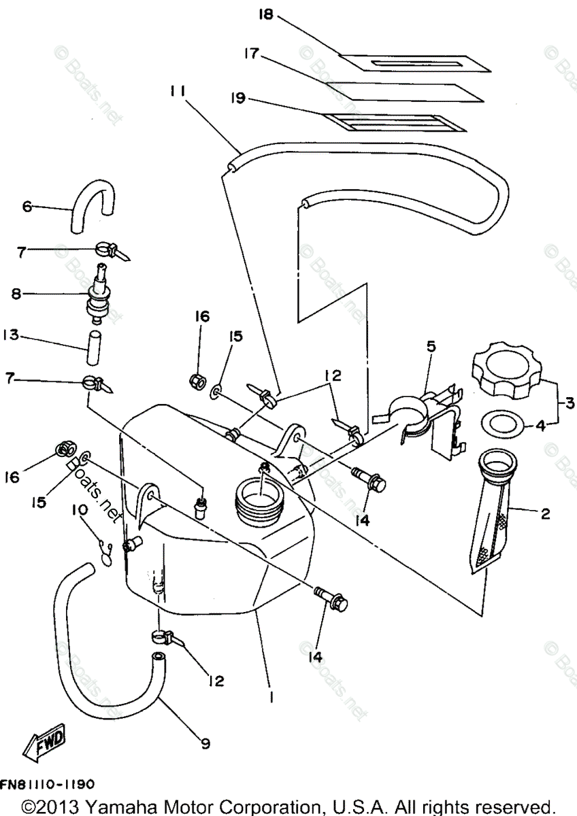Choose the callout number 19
[x=238, y=99]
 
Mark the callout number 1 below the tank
[x=271, y=697]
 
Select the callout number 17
[x=252, y=53]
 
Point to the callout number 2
[x=545, y=514]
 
